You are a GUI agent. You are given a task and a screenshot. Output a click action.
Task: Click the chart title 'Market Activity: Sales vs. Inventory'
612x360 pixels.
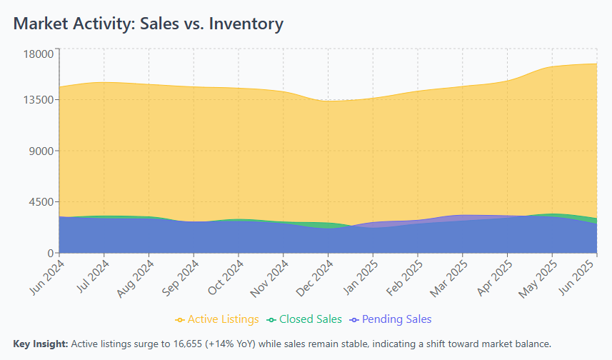click(149, 24)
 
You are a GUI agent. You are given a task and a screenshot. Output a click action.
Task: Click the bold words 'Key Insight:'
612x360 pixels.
click(41, 344)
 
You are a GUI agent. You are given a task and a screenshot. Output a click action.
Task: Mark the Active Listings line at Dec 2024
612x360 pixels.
click(328, 101)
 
